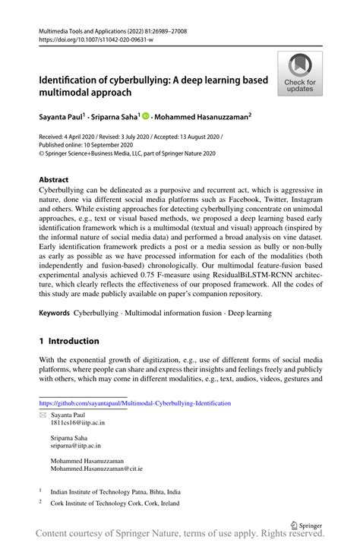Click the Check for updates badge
pyautogui.click(x=299, y=74)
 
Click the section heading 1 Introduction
pyautogui.click(x=69, y=341)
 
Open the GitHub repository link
pyautogui.click(x=134, y=403)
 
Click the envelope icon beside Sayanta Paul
pyautogui.click(x=43, y=417)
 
